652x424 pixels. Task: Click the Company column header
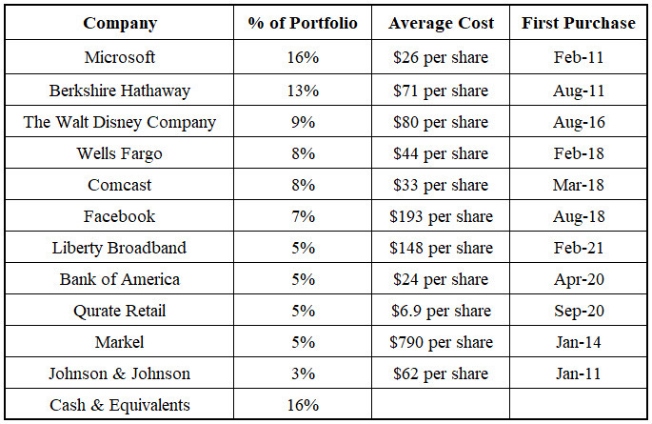120,23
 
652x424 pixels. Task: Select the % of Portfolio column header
303,23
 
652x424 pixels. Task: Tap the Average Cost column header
441,23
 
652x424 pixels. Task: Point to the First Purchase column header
578,23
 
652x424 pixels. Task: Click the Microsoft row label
120,57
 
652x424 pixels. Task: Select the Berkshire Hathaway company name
120,91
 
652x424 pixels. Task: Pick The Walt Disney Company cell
120,122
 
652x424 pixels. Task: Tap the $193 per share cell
441,216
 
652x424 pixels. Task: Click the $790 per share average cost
441,342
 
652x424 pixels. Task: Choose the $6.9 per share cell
441,311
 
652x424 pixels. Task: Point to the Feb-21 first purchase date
578,248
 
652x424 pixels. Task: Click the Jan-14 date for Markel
578,342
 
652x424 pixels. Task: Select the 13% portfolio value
303,91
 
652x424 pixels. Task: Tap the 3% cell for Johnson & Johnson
303,374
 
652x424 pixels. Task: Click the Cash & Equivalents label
120,405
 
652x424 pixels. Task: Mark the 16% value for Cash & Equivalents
303,405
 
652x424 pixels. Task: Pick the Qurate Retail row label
120,311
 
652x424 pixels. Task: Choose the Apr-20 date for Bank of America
578,279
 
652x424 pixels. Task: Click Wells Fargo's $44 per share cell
441,153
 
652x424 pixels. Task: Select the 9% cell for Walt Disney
303,122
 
